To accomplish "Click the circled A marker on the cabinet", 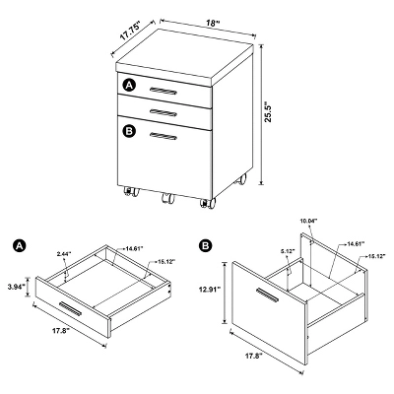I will point(128,86).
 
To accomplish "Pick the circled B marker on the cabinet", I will point(128,130).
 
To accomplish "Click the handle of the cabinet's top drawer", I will point(164,91).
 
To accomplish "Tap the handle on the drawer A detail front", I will point(69,308).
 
